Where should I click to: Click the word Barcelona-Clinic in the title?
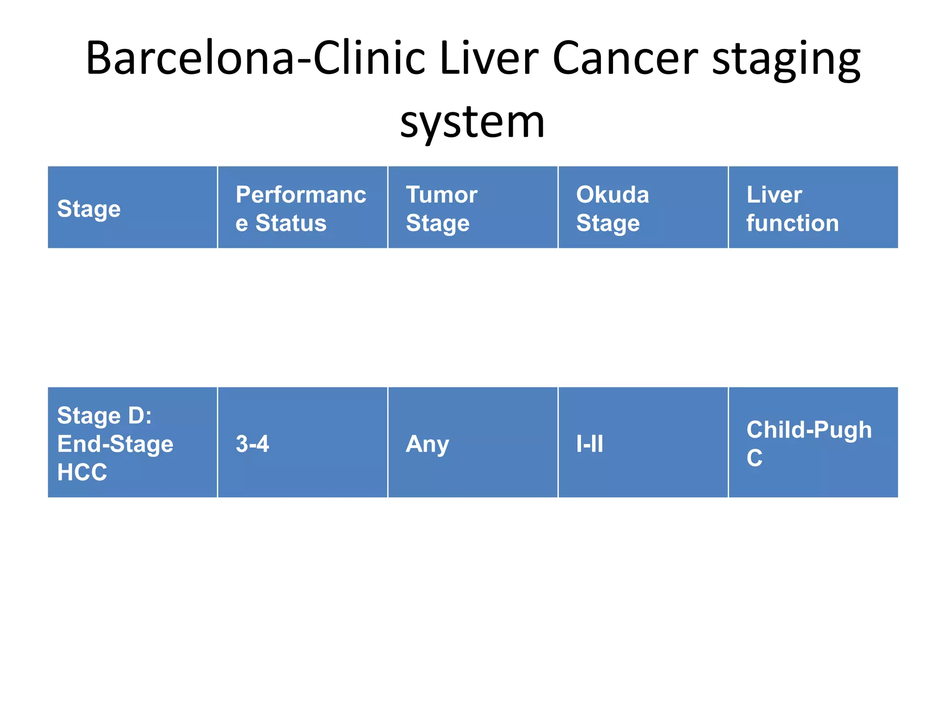[x=255, y=59]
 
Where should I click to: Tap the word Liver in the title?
[x=489, y=59]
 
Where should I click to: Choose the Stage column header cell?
[x=132, y=208]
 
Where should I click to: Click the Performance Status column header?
[x=302, y=208]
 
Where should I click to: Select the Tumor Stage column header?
[x=473, y=208]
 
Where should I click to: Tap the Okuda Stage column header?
[x=643, y=208]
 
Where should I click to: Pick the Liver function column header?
[x=813, y=208]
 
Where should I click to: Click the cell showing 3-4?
[x=302, y=443]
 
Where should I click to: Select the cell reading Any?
[x=473, y=443]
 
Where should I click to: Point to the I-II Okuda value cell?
[x=643, y=443]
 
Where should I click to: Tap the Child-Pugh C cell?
[x=813, y=443]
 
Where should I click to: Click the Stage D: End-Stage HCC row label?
[x=132, y=443]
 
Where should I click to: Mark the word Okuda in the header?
[x=612, y=195]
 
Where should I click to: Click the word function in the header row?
[x=792, y=223]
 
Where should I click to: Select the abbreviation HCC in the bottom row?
[x=82, y=472]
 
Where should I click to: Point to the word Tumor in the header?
[x=442, y=195]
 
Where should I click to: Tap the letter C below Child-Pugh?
[x=754, y=458]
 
